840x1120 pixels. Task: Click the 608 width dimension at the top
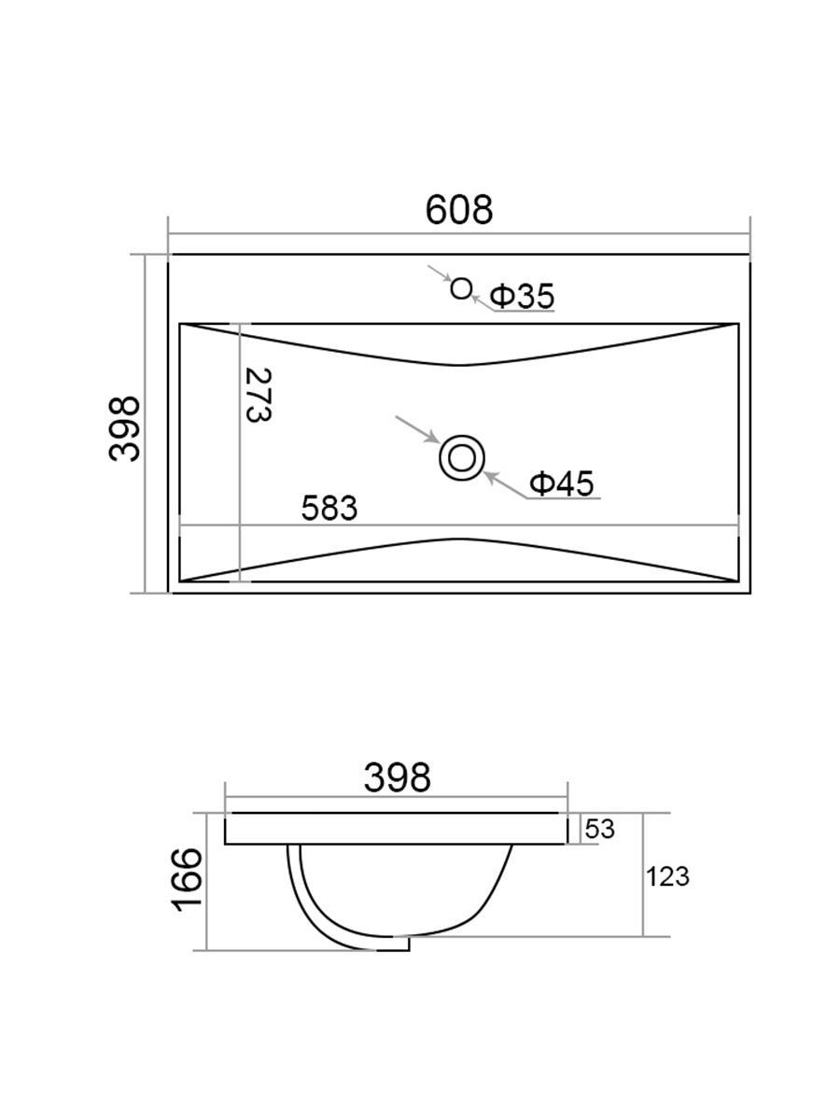[x=459, y=210]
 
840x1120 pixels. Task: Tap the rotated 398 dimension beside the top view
[x=124, y=429]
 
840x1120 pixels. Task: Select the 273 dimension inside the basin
[x=259, y=395]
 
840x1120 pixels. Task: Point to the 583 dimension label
[x=329, y=509]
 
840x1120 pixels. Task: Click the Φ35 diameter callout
[x=522, y=296]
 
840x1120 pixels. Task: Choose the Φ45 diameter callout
[x=562, y=483]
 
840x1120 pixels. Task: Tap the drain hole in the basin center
[x=462, y=457]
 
